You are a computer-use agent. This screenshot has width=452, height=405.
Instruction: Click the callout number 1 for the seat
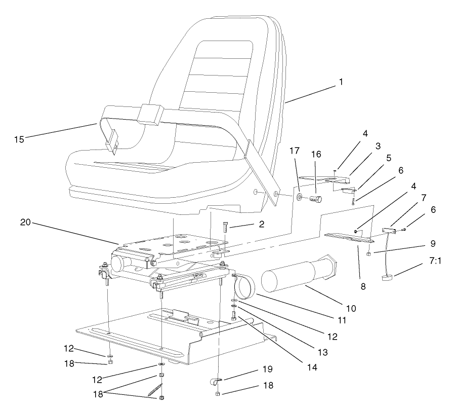tap(341, 81)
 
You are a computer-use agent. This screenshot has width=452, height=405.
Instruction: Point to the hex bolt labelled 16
tap(315, 200)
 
